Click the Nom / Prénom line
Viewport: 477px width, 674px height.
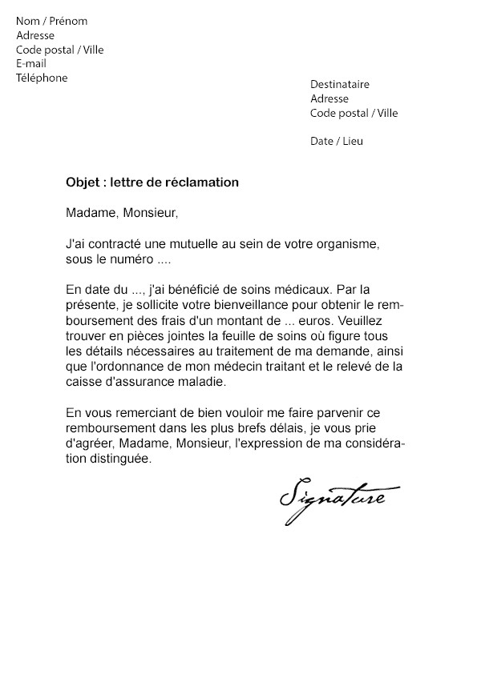coord(51,21)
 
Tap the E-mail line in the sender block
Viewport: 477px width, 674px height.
coord(31,64)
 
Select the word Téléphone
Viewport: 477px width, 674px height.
coord(42,78)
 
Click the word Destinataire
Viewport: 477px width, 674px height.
coord(340,85)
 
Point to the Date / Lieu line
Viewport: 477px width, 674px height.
coord(336,142)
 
